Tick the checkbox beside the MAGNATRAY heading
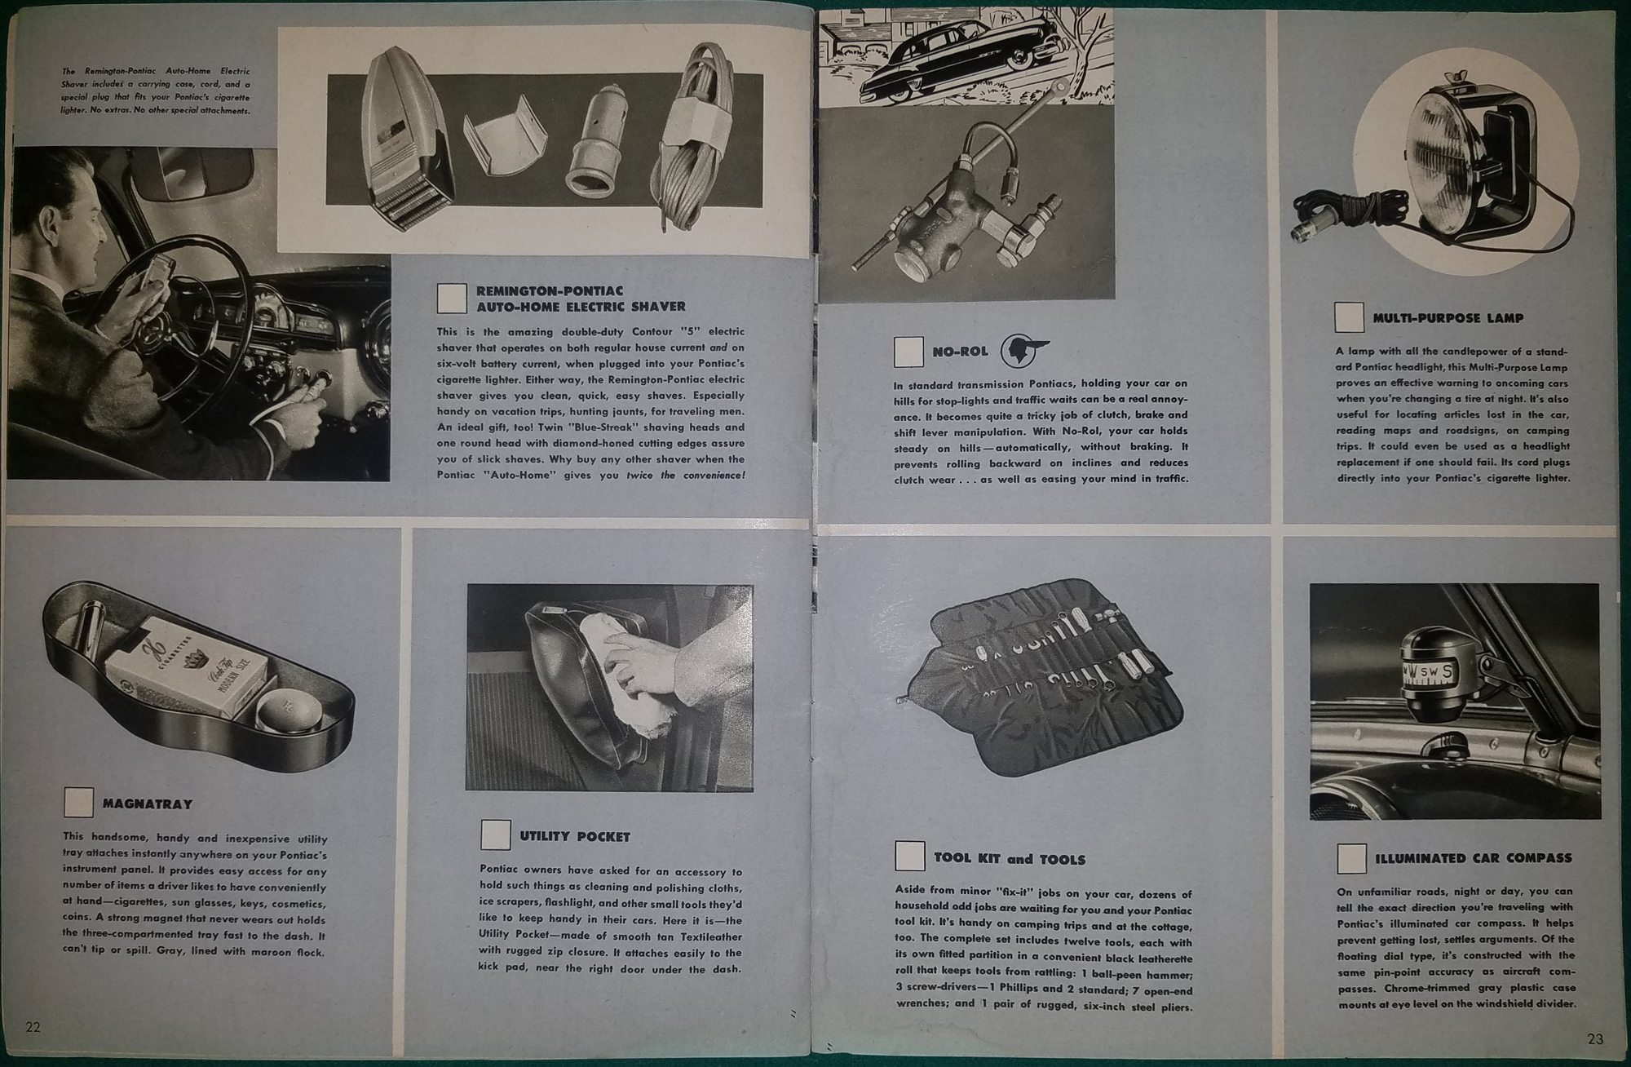pos(79,803)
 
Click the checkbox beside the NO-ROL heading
pos(909,352)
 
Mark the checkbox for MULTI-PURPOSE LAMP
pos(1350,317)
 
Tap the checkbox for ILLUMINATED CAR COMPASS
pos(1351,857)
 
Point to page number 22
pos(33,1027)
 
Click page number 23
pos(1596,1038)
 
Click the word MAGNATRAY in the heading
pos(148,804)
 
